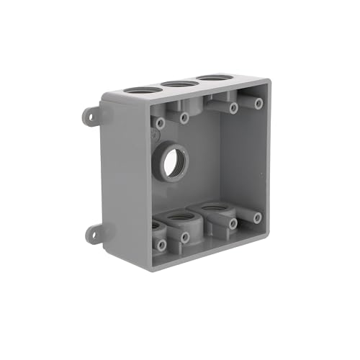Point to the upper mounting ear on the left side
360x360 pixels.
tap(91, 115)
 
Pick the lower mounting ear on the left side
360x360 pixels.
tap(93, 233)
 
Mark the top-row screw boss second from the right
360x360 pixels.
tap(233, 108)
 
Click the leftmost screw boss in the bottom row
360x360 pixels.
tap(161, 245)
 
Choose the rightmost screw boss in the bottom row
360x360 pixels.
tap(257, 217)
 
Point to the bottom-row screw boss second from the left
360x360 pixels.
tap(185, 237)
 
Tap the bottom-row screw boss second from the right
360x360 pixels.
tap(233, 224)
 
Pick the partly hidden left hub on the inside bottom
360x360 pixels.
tap(155, 226)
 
